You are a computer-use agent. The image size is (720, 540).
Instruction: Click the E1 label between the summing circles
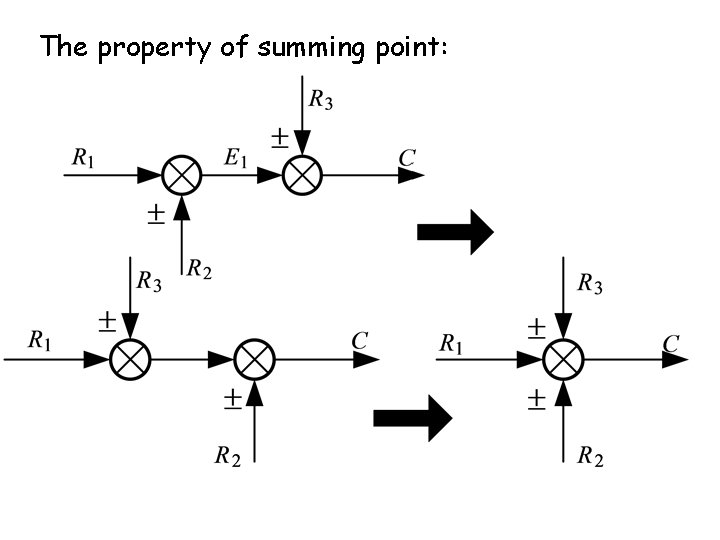tap(236, 157)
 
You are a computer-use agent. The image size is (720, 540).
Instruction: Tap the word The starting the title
tap(65, 46)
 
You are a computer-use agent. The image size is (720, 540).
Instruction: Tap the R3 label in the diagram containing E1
tap(321, 99)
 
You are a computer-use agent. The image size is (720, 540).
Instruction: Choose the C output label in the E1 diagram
tap(407, 157)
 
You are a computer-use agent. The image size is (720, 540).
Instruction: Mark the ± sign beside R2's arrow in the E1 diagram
tap(156, 215)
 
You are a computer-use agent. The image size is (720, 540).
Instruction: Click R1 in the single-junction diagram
tap(452, 344)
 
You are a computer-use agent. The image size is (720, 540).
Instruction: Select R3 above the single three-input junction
tap(590, 285)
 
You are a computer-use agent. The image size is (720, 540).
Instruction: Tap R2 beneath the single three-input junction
tap(590, 458)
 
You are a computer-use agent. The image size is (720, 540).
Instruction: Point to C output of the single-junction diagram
tap(671, 344)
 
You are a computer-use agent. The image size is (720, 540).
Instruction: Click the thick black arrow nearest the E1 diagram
tap(455, 233)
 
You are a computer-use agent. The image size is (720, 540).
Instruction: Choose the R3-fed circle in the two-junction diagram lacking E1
tap(130, 358)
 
